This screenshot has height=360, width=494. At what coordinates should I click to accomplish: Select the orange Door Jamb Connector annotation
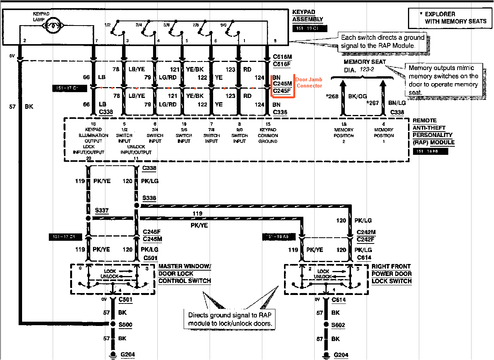coord(309,82)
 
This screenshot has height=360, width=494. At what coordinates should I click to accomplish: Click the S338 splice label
coord(149,198)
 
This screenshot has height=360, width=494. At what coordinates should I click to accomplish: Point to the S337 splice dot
coord(88,219)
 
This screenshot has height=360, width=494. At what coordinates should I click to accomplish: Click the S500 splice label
coord(126,324)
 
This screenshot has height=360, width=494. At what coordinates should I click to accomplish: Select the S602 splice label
coord(338,325)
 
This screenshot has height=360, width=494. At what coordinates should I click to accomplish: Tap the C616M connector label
coord(282,57)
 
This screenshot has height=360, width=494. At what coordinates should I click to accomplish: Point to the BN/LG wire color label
coord(397,103)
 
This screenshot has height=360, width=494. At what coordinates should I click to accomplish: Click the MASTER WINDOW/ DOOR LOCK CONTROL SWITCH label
coord(185,274)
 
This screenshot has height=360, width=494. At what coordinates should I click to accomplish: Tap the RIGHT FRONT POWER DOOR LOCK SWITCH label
coord(391,274)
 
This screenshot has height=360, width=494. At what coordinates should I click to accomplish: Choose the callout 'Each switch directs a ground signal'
coord(382,42)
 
